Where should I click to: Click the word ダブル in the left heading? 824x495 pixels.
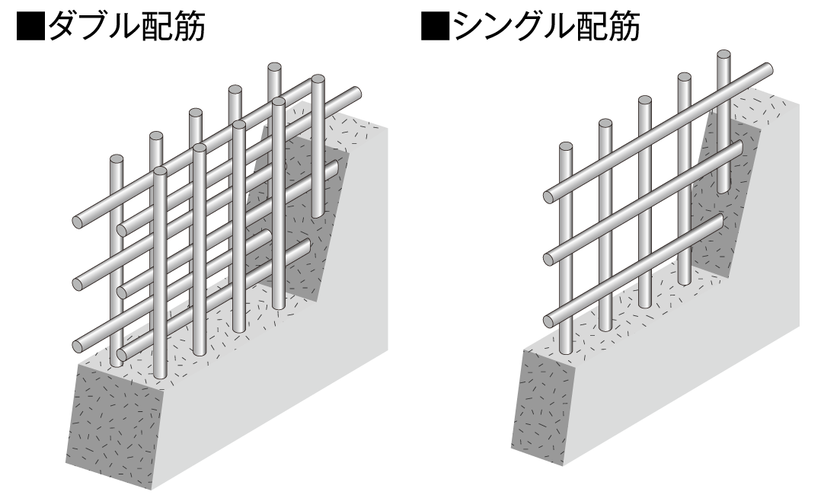tap(94, 27)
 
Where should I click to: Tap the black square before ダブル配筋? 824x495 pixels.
tap(31, 27)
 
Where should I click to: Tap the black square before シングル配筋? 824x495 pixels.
tap(436, 27)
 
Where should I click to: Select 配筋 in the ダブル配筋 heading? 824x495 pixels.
tap(173, 27)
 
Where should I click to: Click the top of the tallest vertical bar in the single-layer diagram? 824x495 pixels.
tap(723, 56)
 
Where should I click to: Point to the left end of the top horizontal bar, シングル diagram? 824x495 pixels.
tap(550, 196)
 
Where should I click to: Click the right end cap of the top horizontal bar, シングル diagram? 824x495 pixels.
tap(767, 69)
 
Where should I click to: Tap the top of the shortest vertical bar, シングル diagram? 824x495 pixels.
tap(565, 147)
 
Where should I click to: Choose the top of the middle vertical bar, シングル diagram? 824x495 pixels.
tap(645, 101)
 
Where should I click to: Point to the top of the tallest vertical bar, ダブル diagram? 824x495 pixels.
tap(274, 67)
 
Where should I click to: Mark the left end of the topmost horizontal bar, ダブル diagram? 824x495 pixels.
tap(79, 222)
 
